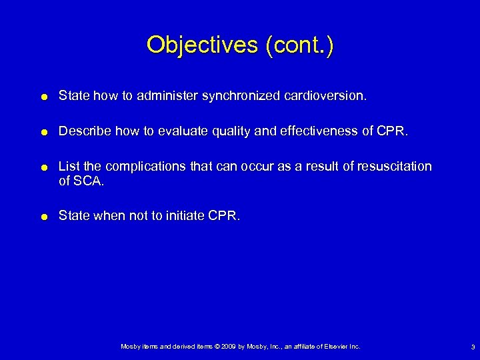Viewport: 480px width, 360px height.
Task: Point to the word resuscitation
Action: (x=397, y=165)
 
